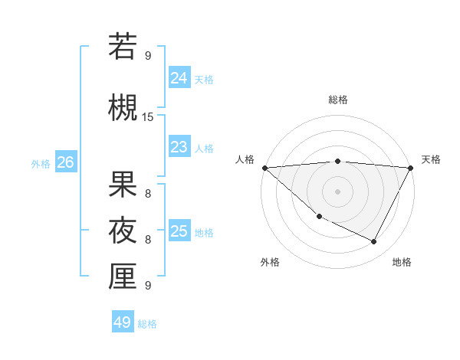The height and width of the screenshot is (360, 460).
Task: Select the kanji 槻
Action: [x=123, y=106]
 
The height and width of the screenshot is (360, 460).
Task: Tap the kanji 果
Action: [x=123, y=185]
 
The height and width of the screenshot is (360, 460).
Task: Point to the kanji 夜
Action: [x=123, y=230]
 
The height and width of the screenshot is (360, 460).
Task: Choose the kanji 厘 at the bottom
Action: [x=123, y=277]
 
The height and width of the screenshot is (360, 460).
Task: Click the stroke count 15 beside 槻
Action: [x=148, y=116]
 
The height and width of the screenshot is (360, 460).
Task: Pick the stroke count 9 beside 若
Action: [x=148, y=55]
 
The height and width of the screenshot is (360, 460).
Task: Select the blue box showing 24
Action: [x=179, y=78]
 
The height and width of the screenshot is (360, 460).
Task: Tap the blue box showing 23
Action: [x=179, y=147]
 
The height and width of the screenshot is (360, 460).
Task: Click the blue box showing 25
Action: [x=179, y=231]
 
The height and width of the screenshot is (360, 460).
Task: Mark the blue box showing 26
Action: [x=65, y=162]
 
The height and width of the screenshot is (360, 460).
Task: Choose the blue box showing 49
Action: [x=123, y=322]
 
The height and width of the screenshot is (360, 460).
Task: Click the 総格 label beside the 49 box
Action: [x=147, y=324]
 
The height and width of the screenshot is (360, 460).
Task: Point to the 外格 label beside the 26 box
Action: [x=41, y=163]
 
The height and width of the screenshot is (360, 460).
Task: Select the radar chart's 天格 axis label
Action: [x=431, y=159]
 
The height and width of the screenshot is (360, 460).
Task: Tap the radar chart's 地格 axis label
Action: [x=402, y=262]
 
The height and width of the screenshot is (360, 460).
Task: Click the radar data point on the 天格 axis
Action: [x=411, y=168]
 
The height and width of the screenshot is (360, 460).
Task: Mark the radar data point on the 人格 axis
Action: [x=264, y=168]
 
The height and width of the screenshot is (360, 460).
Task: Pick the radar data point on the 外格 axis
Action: [x=319, y=216]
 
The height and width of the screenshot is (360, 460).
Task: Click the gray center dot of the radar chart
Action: [x=337, y=191]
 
